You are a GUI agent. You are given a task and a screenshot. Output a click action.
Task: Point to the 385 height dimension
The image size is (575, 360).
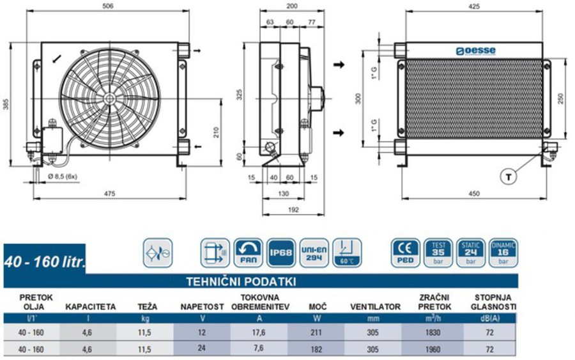pos(6,104)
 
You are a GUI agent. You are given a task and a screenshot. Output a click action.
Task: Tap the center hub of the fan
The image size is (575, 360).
pos(109,98)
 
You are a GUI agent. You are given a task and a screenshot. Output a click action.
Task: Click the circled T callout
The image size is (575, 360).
pos(508,178)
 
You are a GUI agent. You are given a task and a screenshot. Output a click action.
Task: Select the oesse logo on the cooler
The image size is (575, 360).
pos(475,51)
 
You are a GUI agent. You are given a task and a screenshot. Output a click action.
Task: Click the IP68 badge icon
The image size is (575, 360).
pos(280,252)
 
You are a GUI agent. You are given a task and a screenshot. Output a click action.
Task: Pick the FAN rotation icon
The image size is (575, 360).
pos(247,252)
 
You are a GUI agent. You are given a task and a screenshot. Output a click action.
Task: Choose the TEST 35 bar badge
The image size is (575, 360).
pos(438,252)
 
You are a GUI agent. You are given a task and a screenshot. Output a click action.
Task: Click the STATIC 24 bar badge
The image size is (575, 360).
pos(471,252)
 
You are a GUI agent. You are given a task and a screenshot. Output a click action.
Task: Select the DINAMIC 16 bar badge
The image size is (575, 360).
pos(503,252)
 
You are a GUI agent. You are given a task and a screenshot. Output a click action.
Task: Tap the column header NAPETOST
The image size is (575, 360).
pos(202,307)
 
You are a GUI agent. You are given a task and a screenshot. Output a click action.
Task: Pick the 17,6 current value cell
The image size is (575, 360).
pos(259,333)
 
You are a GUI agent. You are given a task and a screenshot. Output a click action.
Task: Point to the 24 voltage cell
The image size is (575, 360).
pos(202,349)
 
